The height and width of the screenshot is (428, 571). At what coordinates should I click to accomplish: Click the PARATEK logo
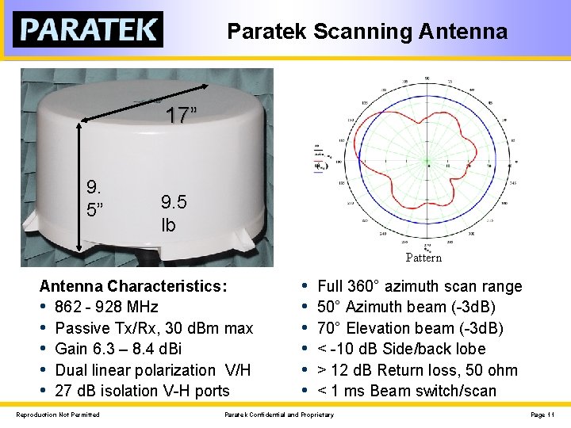coord(87,29)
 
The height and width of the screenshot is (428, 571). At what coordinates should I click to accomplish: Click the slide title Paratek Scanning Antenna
coord(367,31)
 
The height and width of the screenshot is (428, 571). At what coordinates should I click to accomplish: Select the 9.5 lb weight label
coord(174,213)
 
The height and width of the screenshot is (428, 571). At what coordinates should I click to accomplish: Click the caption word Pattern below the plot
coord(423,258)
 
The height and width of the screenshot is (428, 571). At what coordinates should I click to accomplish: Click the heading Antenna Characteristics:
coord(133,286)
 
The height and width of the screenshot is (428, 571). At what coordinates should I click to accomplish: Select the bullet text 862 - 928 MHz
coord(106,307)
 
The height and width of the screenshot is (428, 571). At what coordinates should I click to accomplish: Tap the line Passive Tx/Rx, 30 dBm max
coord(154,328)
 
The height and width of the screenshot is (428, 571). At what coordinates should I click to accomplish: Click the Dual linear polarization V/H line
coord(153,370)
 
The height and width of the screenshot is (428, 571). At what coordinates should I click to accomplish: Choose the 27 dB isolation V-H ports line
coord(142,391)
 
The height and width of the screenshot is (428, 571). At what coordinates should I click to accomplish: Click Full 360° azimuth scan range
coord(420,286)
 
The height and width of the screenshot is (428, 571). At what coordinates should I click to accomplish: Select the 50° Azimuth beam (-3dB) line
coord(406,307)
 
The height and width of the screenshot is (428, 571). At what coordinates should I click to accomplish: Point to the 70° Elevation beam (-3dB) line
coord(410,328)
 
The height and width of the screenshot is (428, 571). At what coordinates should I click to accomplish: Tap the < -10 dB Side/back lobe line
coord(401,349)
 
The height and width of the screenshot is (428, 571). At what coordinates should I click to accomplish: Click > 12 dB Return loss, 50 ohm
coord(417,370)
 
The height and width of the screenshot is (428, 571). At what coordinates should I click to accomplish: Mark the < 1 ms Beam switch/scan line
coord(406,391)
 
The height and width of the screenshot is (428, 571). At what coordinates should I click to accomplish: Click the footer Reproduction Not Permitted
coord(58,415)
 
